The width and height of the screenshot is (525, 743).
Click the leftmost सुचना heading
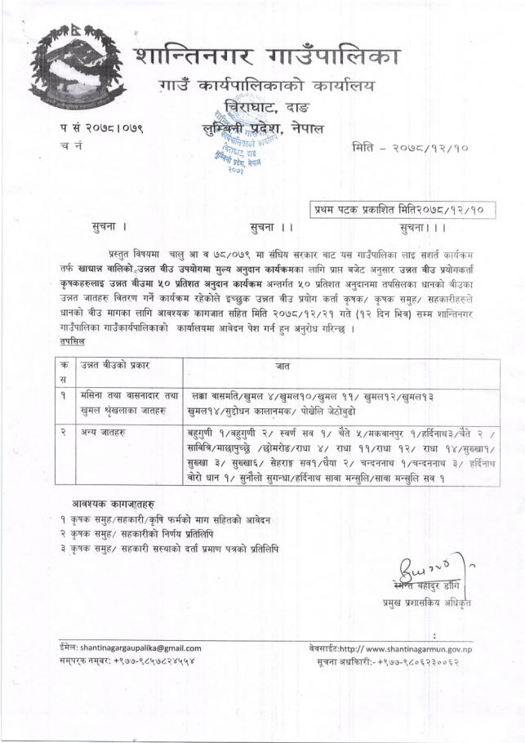111,222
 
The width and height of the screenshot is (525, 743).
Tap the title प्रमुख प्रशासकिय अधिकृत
429,603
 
